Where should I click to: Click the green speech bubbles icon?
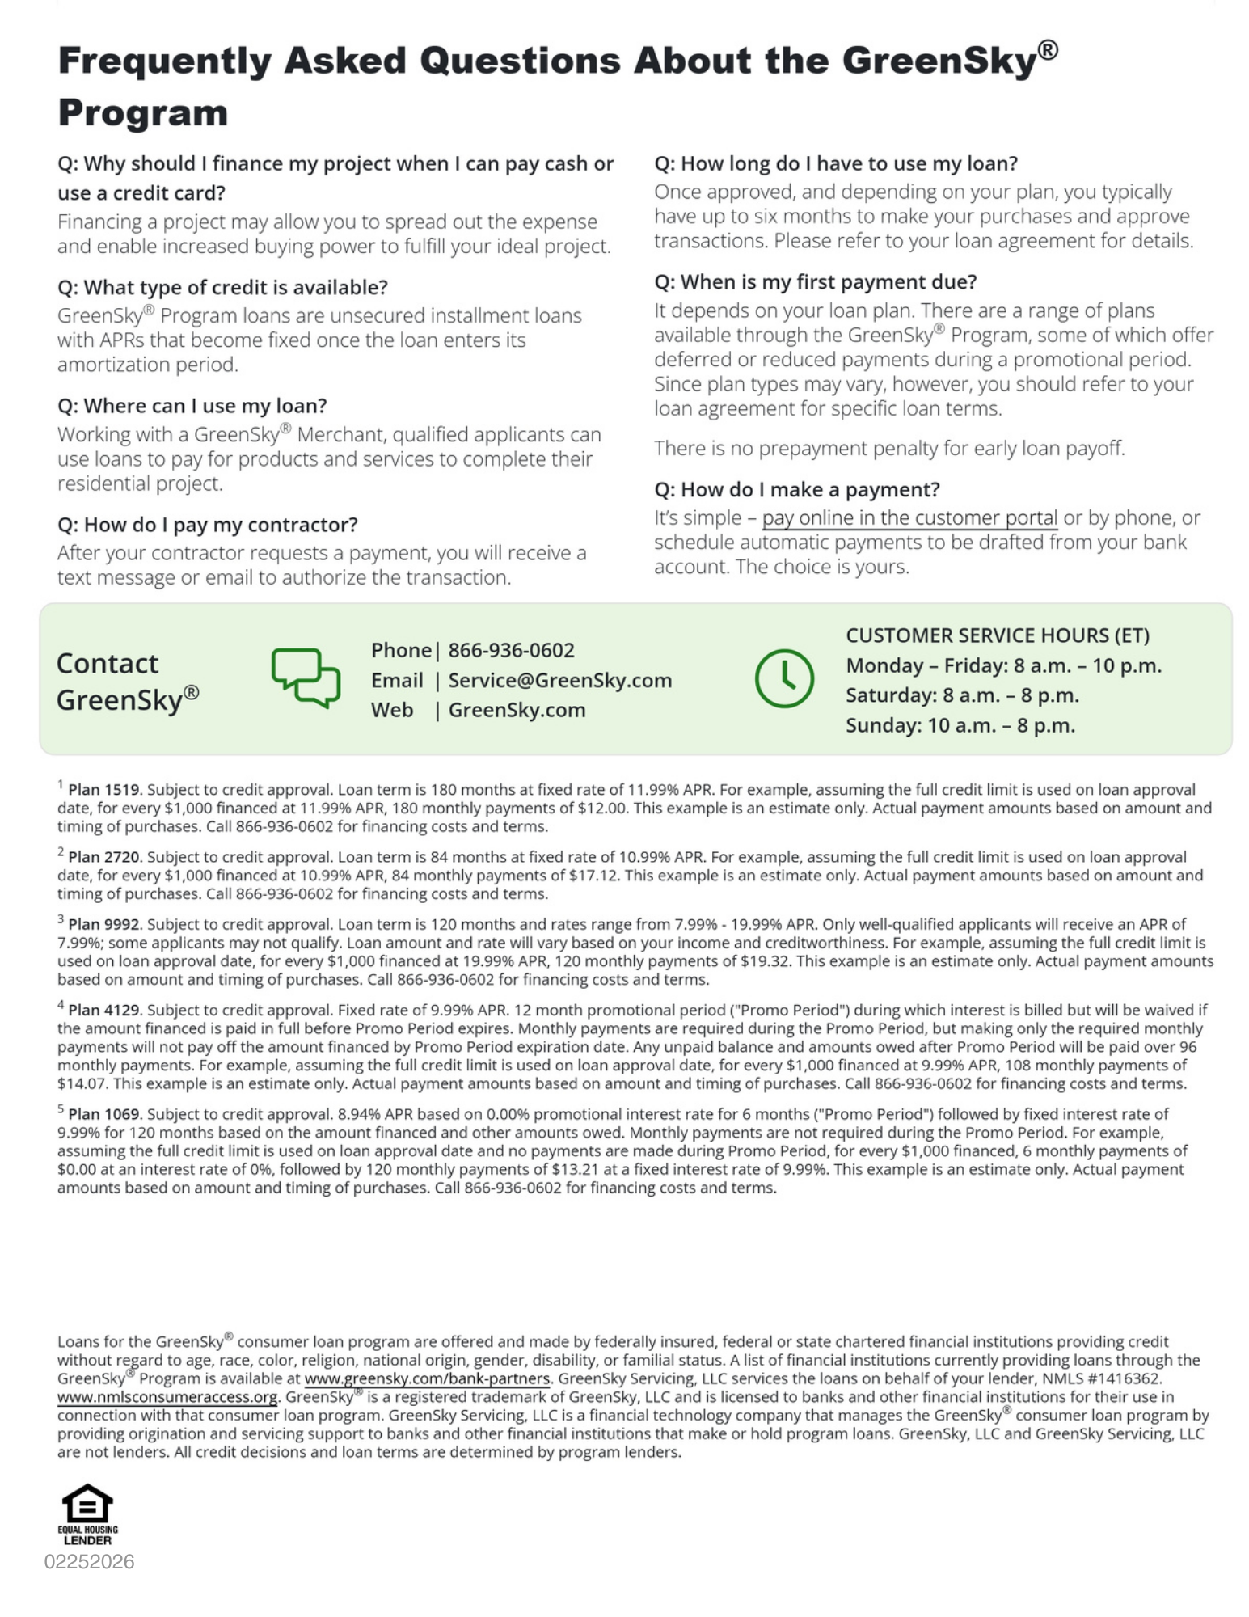(305, 678)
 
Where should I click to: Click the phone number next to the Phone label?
(511, 650)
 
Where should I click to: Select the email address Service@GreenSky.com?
(559, 680)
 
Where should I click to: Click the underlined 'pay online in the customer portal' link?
(909, 517)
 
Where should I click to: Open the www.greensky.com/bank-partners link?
(427, 1378)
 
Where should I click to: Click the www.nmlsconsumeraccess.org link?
(167, 1397)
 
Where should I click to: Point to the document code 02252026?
(89, 1561)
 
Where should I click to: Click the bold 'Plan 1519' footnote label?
(103, 790)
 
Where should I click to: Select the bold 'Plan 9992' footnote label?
(103, 924)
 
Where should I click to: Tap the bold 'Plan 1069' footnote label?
(103, 1114)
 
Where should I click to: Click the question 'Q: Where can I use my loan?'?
(192, 406)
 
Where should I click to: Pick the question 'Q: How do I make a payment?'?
(796, 489)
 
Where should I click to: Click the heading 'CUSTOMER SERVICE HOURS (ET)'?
(997, 635)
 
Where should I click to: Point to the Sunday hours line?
(960, 725)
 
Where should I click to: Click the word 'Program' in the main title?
(142, 112)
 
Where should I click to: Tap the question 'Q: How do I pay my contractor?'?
(207, 525)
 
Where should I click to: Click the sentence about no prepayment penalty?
(888, 448)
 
